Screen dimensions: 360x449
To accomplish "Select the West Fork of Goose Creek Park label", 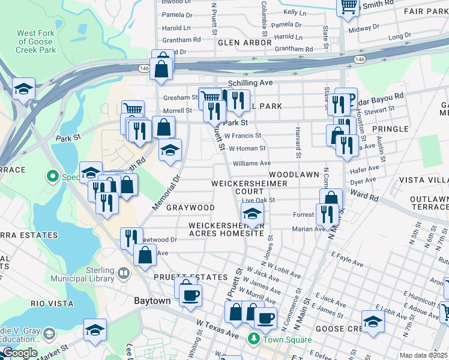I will (x=37, y=41).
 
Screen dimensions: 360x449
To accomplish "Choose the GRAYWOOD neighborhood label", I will (x=190, y=208).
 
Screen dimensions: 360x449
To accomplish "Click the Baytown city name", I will (x=152, y=301).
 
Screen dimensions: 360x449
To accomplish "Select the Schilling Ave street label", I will (x=250, y=83).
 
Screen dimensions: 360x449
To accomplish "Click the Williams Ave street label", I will (x=252, y=163).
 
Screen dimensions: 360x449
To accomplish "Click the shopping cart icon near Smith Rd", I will (x=348, y=7).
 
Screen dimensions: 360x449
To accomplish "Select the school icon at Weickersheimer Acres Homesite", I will (x=252, y=213).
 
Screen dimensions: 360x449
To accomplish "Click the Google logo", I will (x=19, y=353).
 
